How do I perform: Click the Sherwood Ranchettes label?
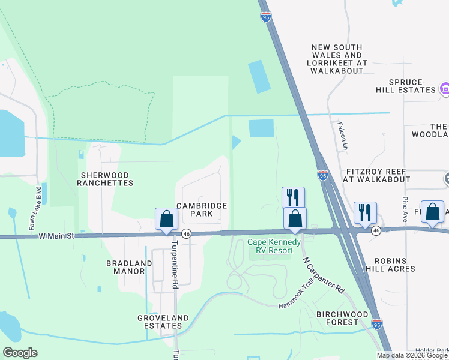106,178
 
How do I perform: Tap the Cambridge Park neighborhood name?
201,209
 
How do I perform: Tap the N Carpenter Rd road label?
324,275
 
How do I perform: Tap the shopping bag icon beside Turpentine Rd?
167,218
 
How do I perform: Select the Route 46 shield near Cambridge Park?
187,234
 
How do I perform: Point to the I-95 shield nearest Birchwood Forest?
376,324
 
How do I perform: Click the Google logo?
20,353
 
